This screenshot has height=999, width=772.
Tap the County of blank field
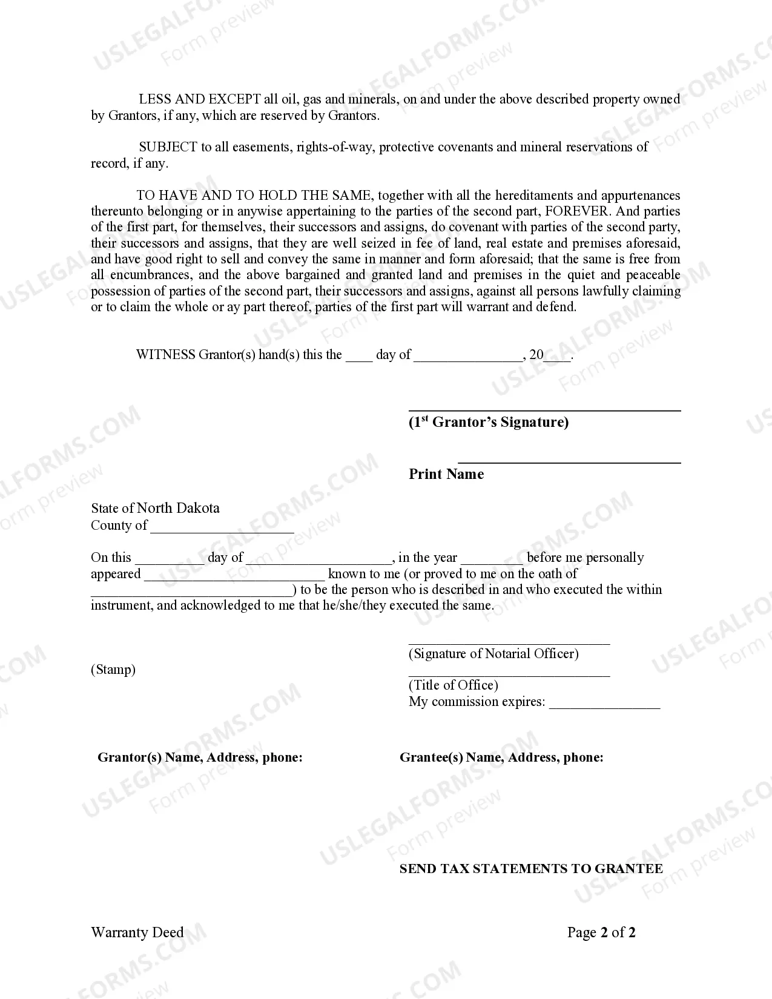[x=222, y=527]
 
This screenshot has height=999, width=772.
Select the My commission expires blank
[x=604, y=704]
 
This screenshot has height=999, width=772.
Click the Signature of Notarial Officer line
[x=509, y=642]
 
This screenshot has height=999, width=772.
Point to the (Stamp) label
[x=113, y=670]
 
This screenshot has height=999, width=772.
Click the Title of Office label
[x=454, y=685]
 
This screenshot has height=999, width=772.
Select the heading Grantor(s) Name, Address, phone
[x=200, y=757]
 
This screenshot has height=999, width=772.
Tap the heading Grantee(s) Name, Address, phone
[x=501, y=757]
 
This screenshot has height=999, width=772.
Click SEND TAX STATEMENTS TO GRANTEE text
[x=531, y=869]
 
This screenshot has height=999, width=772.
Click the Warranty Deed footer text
[x=137, y=932]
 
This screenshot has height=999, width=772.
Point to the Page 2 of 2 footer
[x=601, y=932]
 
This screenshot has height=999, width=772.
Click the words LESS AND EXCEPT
[x=200, y=99]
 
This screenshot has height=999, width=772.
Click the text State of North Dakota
[x=155, y=508]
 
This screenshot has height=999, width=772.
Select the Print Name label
[x=446, y=474]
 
